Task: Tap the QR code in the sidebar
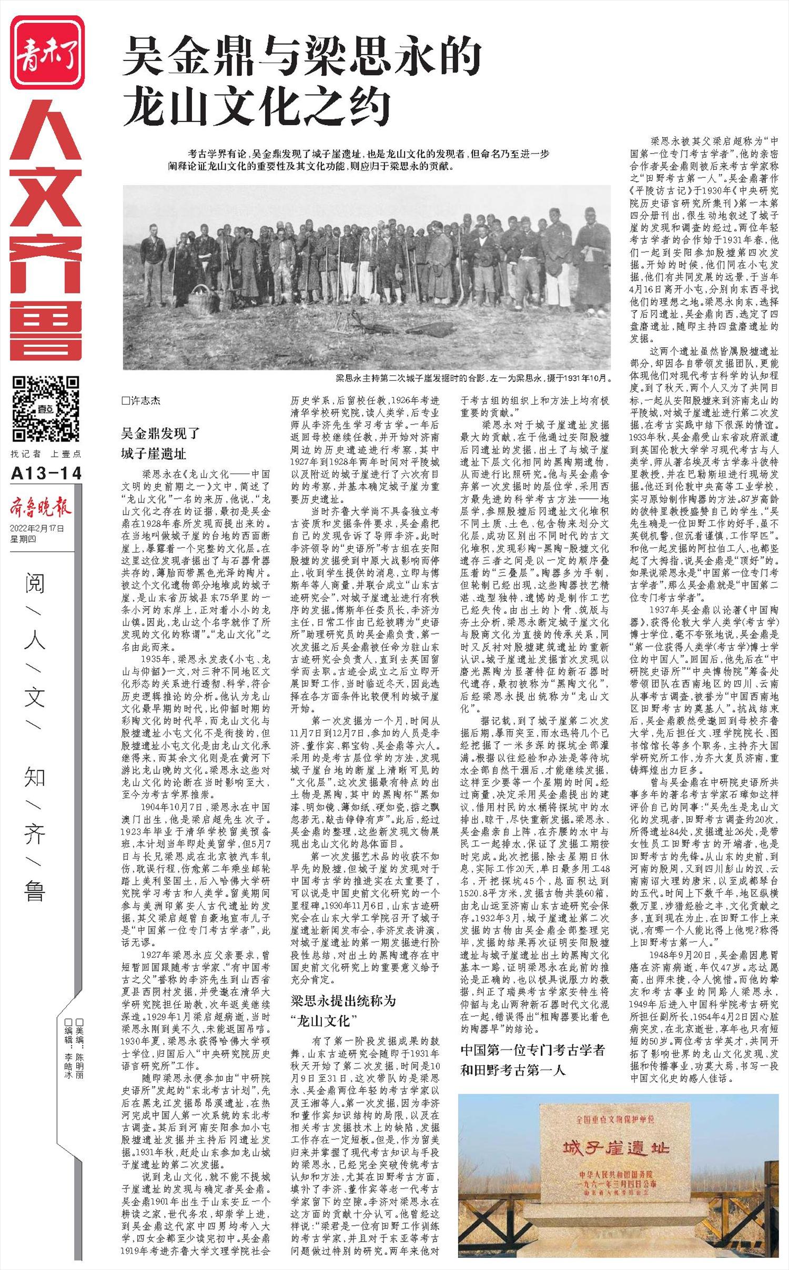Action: tap(47, 408)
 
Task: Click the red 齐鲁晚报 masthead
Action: tap(40, 508)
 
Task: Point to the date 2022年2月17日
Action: tap(37, 529)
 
